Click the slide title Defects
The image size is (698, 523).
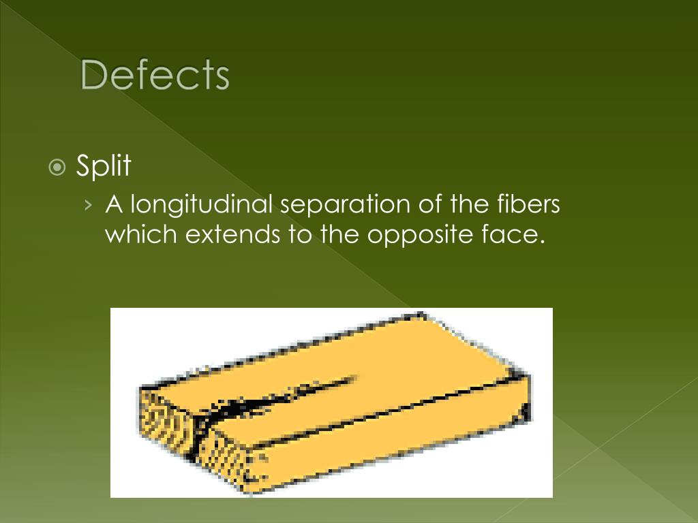click(155, 75)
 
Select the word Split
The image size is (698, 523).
click(104, 166)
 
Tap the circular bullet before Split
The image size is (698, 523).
click(58, 167)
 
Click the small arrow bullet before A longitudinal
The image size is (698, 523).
click(91, 204)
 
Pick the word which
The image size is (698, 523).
click(140, 235)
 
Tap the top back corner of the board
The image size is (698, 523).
click(423, 315)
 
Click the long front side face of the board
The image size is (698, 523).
click(382, 443)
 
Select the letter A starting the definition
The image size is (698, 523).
click(113, 204)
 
